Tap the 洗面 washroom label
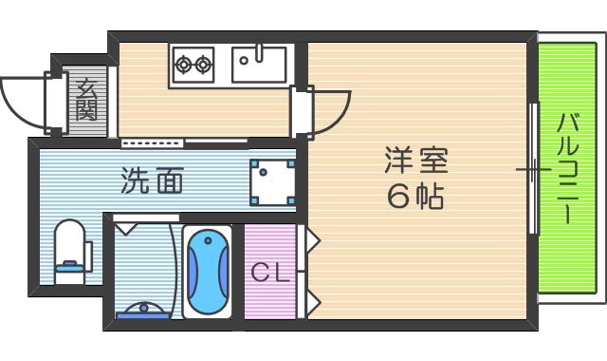coord(152,180)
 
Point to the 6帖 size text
coord(415,197)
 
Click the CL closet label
coord(269,273)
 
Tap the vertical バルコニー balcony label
coord(569,168)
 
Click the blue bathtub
coord(207,272)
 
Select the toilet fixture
coord(69,249)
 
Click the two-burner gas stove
coord(193,65)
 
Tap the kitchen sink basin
coord(259,65)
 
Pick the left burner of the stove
coord(183,65)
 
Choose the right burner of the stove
coord(203,65)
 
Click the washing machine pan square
coord(273,181)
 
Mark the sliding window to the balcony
coord(533,169)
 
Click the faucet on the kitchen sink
coord(256,53)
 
